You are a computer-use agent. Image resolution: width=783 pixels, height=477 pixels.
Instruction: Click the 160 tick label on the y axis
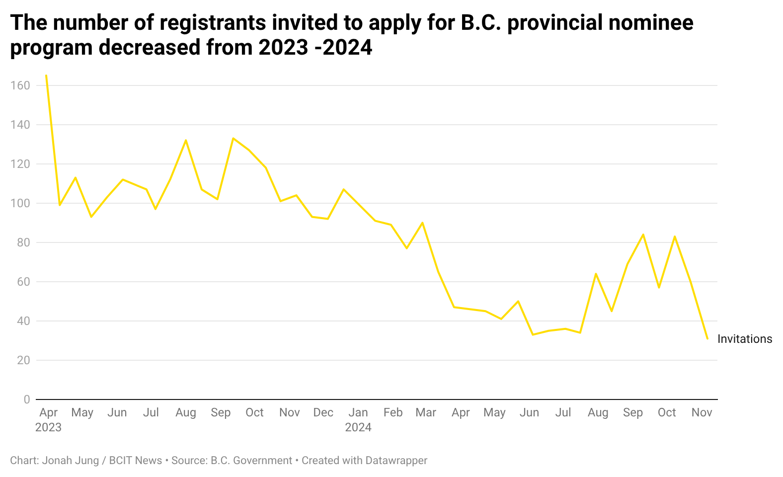[x=20, y=85]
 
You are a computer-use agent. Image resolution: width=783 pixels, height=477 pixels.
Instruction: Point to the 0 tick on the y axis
[x=26, y=399]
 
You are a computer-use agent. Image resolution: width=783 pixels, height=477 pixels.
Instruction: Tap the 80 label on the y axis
[x=23, y=242]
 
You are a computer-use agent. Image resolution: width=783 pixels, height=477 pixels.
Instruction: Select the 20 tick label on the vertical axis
[x=23, y=360]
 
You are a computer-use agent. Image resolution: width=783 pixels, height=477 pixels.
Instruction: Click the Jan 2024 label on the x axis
[x=358, y=420]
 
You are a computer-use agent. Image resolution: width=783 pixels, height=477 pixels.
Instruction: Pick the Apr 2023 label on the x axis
[x=48, y=420]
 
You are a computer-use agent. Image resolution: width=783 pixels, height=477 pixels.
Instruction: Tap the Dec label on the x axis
[x=323, y=412]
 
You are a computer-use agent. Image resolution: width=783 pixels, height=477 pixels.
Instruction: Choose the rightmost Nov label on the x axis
[x=702, y=412]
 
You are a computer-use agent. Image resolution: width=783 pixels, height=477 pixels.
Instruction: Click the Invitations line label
[x=745, y=339]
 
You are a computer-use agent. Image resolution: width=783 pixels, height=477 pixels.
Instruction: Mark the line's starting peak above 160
[x=46, y=75]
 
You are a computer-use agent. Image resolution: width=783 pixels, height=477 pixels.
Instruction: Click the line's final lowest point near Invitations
[x=707, y=338]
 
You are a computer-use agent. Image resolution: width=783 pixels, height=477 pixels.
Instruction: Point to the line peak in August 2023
[x=186, y=140]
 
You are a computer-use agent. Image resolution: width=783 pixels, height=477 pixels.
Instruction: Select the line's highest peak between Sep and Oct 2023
[x=233, y=138]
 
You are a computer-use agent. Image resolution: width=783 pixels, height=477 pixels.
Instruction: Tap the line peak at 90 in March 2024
[x=422, y=223]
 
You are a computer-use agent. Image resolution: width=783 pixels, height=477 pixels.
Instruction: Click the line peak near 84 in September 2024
[x=643, y=235]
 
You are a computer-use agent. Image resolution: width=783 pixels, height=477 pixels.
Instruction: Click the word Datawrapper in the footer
[x=396, y=460]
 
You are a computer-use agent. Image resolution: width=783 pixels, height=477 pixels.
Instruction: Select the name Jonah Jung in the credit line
[x=70, y=460]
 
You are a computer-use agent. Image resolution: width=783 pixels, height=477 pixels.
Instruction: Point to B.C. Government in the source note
[x=251, y=460]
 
